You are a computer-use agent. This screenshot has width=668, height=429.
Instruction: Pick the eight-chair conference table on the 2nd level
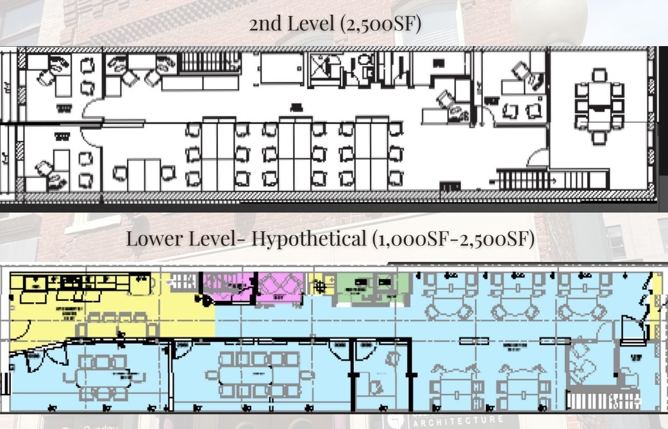599,106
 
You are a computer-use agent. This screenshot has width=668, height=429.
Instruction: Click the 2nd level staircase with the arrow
523,179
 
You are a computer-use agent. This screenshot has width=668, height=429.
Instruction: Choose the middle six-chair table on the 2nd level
295,152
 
